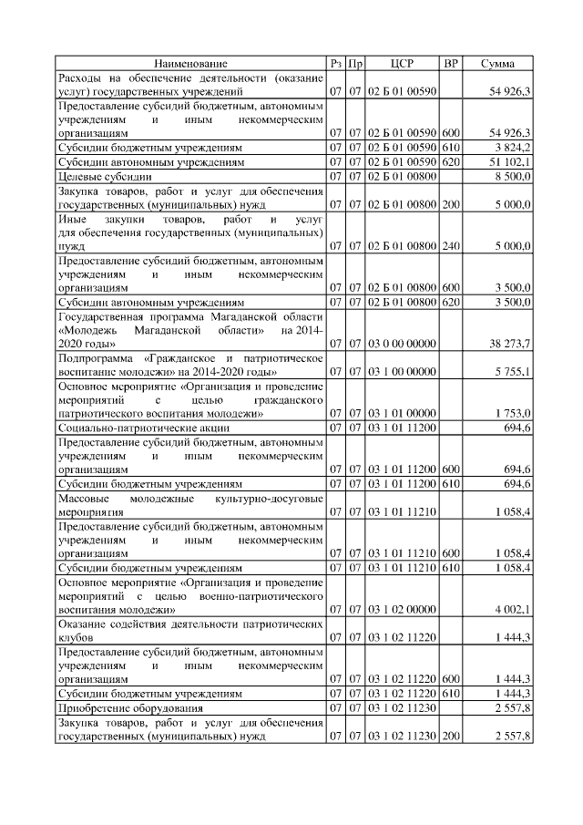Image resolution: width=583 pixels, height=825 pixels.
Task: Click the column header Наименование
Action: coord(190,63)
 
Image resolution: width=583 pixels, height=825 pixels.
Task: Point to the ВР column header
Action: coord(450,63)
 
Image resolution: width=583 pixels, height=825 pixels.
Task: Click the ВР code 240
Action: coord(451,245)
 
